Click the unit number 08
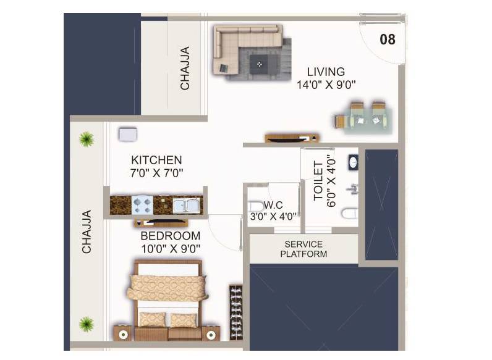388,40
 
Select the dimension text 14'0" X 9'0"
326,85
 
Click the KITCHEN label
156,160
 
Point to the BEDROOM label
171,236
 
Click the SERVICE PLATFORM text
303,249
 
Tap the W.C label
273,204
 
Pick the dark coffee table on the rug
259,62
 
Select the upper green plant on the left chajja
86,140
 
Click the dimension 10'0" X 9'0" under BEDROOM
171,249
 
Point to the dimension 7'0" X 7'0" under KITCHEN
156,174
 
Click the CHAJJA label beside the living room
185,69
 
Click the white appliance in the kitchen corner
128,135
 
